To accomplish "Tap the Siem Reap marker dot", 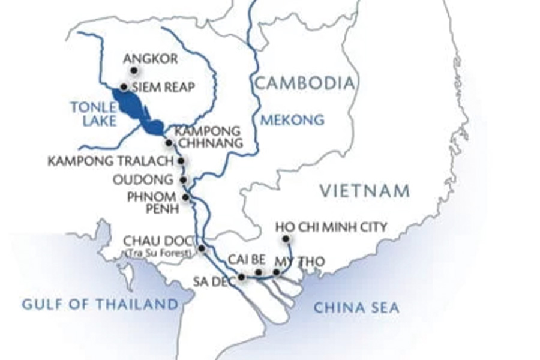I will tap(124, 87).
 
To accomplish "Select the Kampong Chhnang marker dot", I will tap(169, 143).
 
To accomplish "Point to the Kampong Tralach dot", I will tap(180, 161).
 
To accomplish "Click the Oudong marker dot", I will tap(182, 179).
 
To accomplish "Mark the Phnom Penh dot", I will tap(185, 197).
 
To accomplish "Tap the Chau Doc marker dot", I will tap(202, 248).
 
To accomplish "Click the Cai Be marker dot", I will tap(259, 273).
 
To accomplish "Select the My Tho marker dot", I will tap(276, 273).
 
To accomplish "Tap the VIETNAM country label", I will tap(365, 191).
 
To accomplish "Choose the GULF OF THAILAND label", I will tap(100, 304).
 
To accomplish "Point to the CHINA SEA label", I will tap(356, 308).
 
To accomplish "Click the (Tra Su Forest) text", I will tap(160, 253).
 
